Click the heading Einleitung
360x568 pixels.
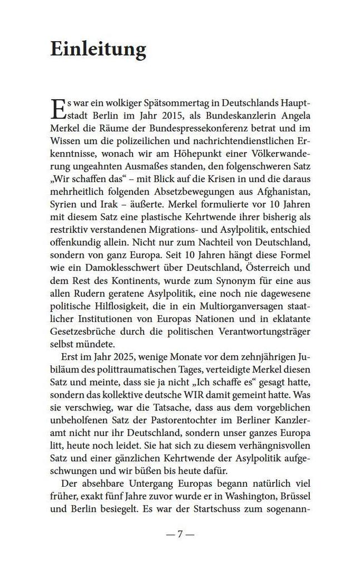98,50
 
